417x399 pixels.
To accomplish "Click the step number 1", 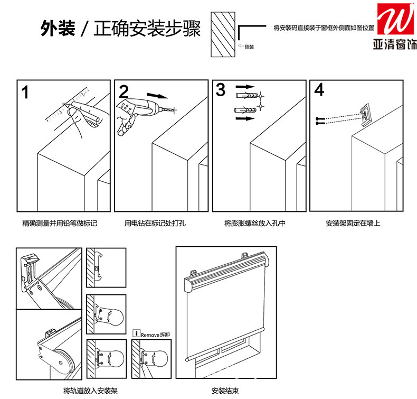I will [25, 91].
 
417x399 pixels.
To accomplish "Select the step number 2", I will [124, 91].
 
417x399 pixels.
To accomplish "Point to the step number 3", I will [221, 90].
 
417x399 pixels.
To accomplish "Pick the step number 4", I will [319, 90].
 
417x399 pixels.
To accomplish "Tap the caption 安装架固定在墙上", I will [353, 224].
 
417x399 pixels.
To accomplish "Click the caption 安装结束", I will [225, 391].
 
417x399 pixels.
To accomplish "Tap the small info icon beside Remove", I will [136, 334].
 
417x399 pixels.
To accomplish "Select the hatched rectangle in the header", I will [221, 35].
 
